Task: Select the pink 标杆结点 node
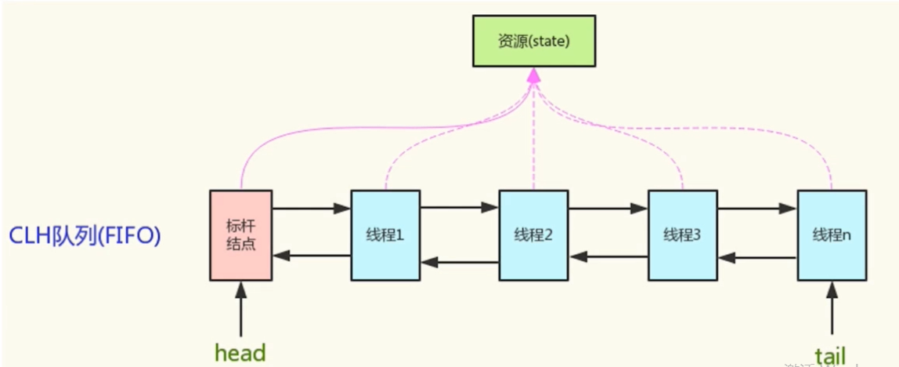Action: point(241,234)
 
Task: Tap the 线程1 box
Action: point(385,234)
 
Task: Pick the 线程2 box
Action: point(533,234)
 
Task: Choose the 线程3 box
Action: point(682,234)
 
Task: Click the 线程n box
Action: point(832,234)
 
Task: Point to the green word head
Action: point(240,352)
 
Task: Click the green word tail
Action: point(830,354)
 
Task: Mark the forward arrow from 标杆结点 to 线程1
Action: point(312,209)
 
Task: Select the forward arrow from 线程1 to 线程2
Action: point(459,209)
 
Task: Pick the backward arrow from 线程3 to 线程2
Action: point(608,256)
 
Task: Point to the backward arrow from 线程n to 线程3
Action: point(758,256)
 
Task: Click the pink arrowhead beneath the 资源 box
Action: point(533,75)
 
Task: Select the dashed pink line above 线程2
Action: point(533,149)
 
